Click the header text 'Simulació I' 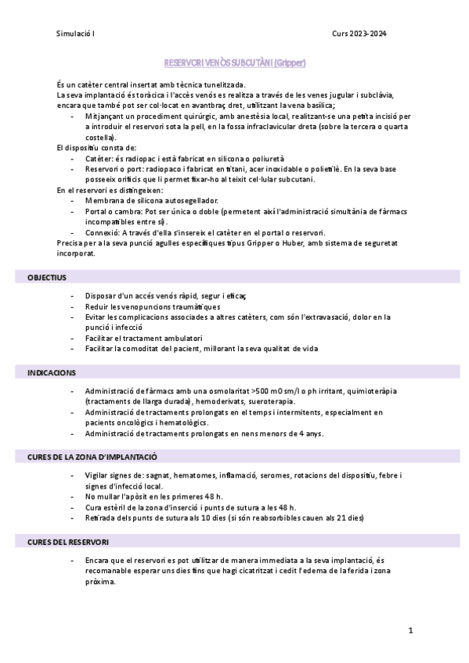click(x=75, y=34)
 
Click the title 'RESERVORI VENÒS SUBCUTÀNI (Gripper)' click(x=234, y=63)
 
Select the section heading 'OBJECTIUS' click(x=47, y=277)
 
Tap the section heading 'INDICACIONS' click(x=52, y=373)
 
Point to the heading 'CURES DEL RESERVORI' click(x=68, y=541)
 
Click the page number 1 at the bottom click(x=409, y=630)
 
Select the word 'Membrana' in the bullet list click(x=106, y=200)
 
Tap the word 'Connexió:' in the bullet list click(x=106, y=232)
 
